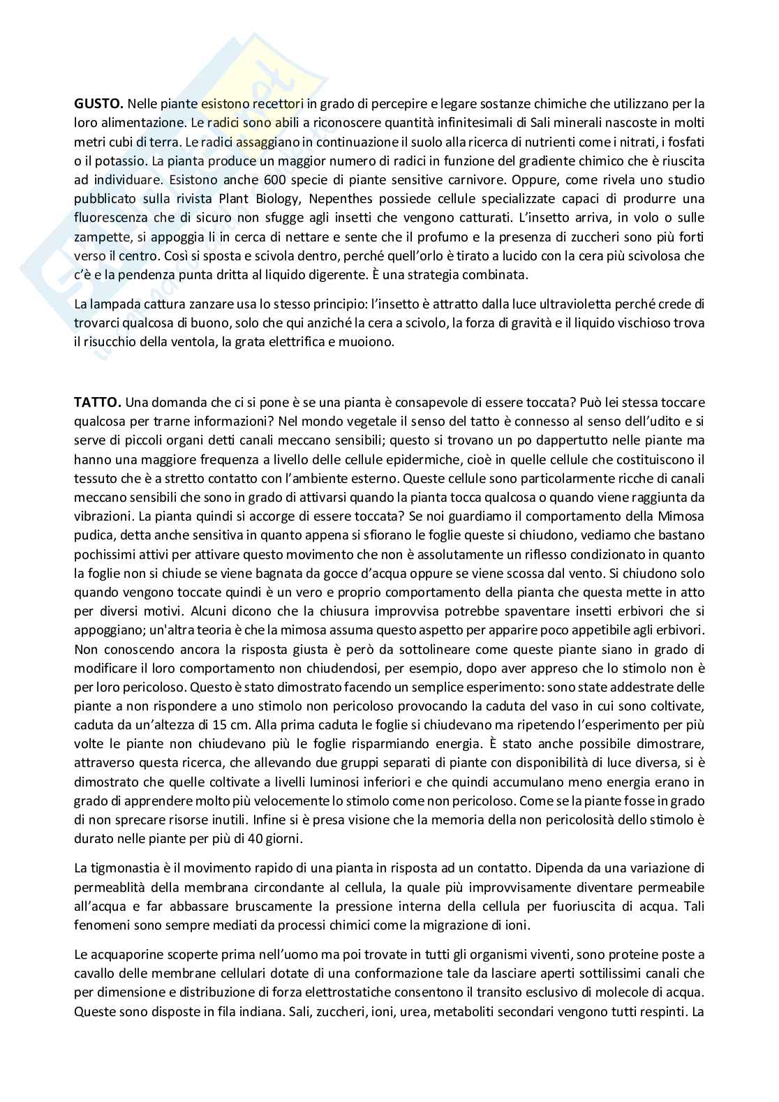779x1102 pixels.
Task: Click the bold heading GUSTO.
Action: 98,104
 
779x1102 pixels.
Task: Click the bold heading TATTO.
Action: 98,403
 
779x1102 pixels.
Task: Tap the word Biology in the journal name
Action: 280,199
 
